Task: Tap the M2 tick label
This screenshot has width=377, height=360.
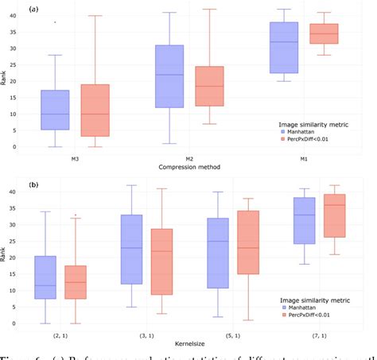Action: tap(189, 157)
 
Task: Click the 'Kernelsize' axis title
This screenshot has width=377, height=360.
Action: tap(189, 343)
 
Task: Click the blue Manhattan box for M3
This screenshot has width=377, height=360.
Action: tap(55, 110)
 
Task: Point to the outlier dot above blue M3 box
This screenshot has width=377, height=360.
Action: tap(55, 22)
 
